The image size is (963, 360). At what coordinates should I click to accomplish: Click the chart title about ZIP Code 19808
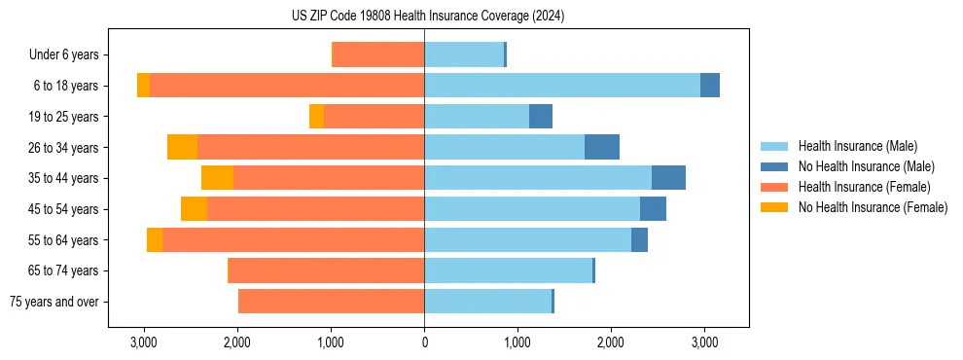(428, 17)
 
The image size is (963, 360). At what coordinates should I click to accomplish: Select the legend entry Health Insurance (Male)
(857, 146)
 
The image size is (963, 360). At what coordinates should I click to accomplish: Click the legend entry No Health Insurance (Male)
(866, 166)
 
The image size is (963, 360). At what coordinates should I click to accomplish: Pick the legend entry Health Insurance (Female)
(864, 187)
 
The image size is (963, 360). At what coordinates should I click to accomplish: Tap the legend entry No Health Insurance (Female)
(873, 207)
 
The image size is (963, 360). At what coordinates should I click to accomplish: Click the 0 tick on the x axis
(424, 342)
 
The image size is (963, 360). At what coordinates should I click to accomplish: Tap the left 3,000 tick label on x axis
(144, 342)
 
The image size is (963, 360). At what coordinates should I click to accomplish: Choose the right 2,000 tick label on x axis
(611, 342)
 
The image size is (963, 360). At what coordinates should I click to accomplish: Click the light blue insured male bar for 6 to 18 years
(562, 86)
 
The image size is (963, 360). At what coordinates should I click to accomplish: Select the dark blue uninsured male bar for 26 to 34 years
(602, 147)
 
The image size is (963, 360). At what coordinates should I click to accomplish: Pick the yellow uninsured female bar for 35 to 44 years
(217, 178)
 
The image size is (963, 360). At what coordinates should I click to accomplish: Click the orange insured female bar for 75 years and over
(331, 302)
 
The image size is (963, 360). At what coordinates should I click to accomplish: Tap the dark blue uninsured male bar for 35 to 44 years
(668, 178)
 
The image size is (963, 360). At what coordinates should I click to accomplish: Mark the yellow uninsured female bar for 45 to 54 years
(194, 209)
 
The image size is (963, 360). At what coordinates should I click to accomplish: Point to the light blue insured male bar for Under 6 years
(464, 55)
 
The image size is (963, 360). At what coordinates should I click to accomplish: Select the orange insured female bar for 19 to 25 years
(374, 117)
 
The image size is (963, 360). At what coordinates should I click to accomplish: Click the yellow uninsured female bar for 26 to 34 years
(182, 147)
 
